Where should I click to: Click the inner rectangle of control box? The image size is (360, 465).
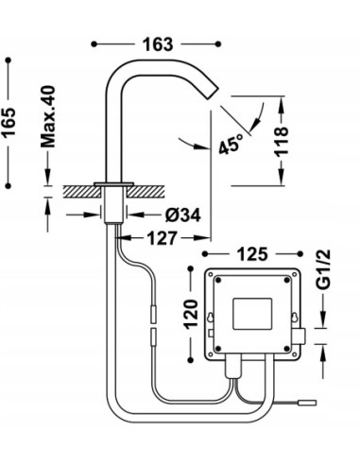click(252, 313)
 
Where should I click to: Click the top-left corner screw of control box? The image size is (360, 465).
click(215, 280)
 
